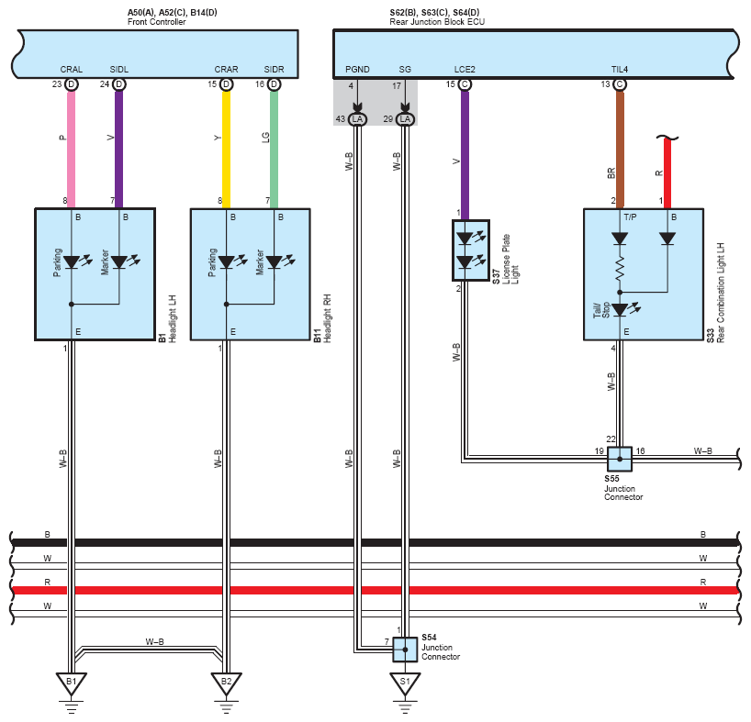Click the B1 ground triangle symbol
pyautogui.click(x=72, y=683)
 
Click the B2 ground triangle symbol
pyautogui.click(x=226, y=683)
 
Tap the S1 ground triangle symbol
pyautogui.click(x=405, y=683)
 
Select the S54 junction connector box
pyautogui.click(x=405, y=650)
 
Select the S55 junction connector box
pyautogui.click(x=620, y=459)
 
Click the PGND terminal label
pyautogui.click(x=357, y=70)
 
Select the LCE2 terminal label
pyautogui.click(x=465, y=70)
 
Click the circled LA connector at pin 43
pyautogui.click(x=357, y=119)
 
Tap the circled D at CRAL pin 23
pyautogui.click(x=72, y=84)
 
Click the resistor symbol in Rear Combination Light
pyautogui.click(x=620, y=268)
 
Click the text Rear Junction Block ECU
pyautogui.click(x=437, y=22)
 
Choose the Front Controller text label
pyautogui.click(x=157, y=22)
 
